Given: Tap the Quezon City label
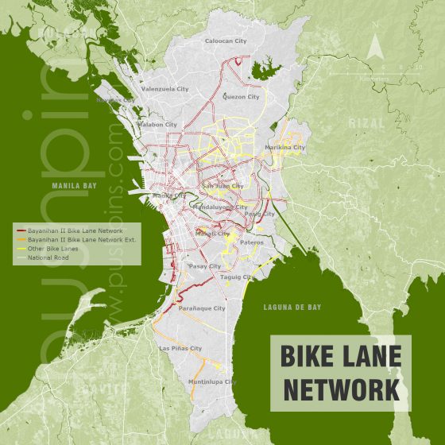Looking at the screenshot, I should click(x=242, y=97).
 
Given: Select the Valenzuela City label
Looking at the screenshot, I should click(x=164, y=90).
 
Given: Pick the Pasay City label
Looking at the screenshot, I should click(x=204, y=266).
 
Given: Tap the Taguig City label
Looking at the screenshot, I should click(x=236, y=277).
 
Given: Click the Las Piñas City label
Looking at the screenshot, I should click(x=180, y=348).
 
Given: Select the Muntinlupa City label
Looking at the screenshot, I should click(x=212, y=382).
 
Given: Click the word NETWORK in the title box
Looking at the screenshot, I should click(x=341, y=390).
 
